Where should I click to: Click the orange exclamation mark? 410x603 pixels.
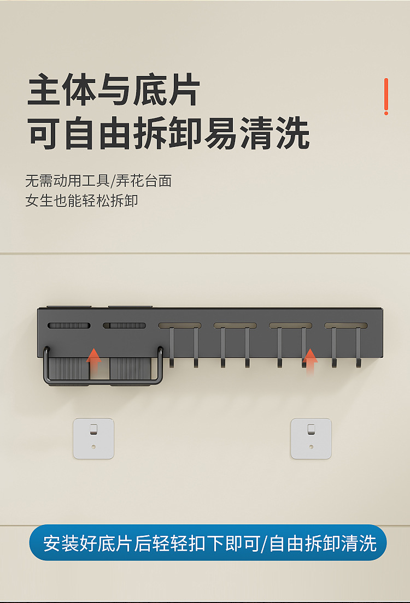pyautogui.click(x=386, y=97)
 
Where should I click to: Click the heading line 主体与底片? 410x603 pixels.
pyautogui.click(x=114, y=91)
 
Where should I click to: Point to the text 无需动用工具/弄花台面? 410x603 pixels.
pyautogui.click(x=98, y=181)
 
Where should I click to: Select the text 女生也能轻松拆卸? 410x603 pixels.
pyautogui.click(x=81, y=200)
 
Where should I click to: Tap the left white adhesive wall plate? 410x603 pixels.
pyautogui.click(x=93, y=439)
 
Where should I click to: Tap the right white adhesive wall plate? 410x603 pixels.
pyautogui.click(x=311, y=439)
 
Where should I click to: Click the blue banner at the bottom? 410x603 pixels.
pyautogui.click(x=208, y=542)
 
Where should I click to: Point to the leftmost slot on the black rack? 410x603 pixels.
pyautogui.click(x=69, y=326)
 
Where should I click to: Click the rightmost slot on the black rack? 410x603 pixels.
pyautogui.click(x=346, y=326)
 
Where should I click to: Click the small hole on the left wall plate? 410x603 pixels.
pyautogui.click(x=93, y=447)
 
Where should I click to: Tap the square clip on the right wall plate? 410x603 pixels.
pyautogui.click(x=311, y=429)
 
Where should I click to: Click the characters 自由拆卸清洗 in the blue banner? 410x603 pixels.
pyautogui.click(x=323, y=543)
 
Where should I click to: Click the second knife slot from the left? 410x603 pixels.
pyautogui.click(x=125, y=326)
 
